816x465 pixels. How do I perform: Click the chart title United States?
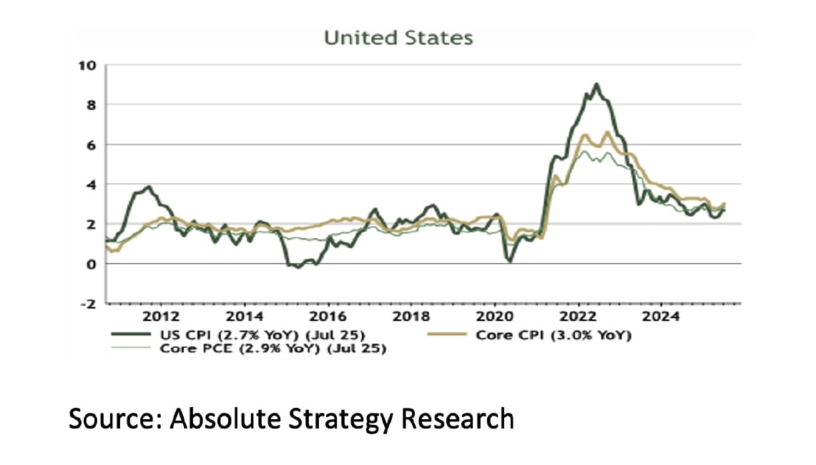tap(398, 38)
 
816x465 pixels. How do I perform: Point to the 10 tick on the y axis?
tap(87, 66)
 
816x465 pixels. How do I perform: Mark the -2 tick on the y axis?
tap(87, 303)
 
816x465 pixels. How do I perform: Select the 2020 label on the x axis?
tap(494, 316)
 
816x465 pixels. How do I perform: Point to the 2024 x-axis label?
tap(662, 316)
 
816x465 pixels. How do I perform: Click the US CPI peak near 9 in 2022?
tap(596, 84)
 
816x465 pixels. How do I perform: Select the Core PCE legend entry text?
tap(272, 349)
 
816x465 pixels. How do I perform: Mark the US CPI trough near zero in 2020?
tap(510, 260)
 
